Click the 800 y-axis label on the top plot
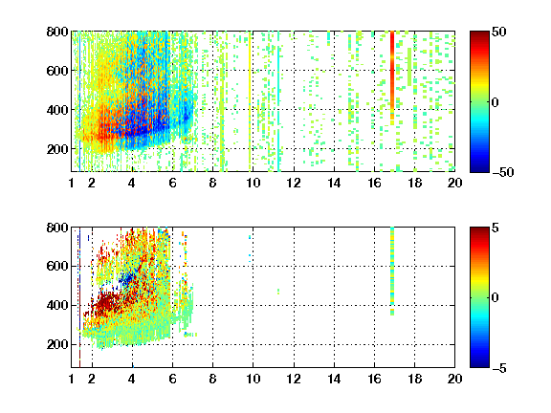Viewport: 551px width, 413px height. point(57,32)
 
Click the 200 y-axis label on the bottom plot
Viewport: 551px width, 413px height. point(57,344)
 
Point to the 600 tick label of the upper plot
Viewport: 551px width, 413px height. point(57,71)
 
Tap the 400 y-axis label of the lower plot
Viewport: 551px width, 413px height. point(57,305)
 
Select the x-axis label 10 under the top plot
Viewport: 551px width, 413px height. point(253,183)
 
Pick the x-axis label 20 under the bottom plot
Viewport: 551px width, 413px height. point(454,379)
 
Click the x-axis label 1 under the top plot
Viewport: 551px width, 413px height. point(72,183)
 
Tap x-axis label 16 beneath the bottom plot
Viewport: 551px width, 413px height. point(374,379)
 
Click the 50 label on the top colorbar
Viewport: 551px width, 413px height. point(499,32)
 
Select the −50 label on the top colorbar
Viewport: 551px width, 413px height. point(503,172)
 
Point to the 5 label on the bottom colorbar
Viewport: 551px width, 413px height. point(496,228)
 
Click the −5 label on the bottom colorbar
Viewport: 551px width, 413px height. point(499,368)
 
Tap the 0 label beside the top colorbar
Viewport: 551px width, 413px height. point(496,102)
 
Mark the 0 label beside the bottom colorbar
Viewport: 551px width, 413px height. point(496,298)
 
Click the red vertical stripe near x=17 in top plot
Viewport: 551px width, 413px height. point(392,77)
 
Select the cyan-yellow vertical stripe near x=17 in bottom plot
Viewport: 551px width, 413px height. point(392,272)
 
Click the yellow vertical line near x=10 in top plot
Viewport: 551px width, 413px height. point(250,101)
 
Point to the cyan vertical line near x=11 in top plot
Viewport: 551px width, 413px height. point(278,101)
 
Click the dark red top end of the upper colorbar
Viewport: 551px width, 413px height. point(479,34)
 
